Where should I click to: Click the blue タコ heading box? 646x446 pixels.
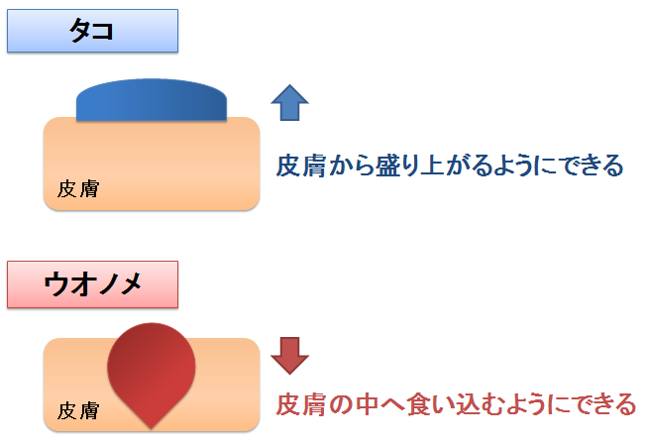point(93,31)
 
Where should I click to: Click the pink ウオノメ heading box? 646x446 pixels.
point(93,284)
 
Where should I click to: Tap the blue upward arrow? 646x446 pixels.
point(289,103)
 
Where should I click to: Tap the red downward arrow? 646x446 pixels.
point(289,356)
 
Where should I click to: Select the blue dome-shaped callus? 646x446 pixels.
point(152,100)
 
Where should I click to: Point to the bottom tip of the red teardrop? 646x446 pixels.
point(152,429)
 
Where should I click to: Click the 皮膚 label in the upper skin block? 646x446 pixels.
point(78,188)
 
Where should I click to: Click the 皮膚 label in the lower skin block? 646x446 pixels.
point(78,410)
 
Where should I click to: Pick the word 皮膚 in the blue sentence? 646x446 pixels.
point(301,166)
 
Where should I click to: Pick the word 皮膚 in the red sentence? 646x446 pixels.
point(301,404)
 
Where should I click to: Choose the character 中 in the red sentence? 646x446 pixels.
point(368,404)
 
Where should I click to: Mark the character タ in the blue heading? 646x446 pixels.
point(80,31)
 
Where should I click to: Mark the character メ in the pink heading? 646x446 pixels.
point(132,284)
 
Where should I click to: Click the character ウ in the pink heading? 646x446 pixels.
point(56,284)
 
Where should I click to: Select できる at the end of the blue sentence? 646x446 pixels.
point(592,166)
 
